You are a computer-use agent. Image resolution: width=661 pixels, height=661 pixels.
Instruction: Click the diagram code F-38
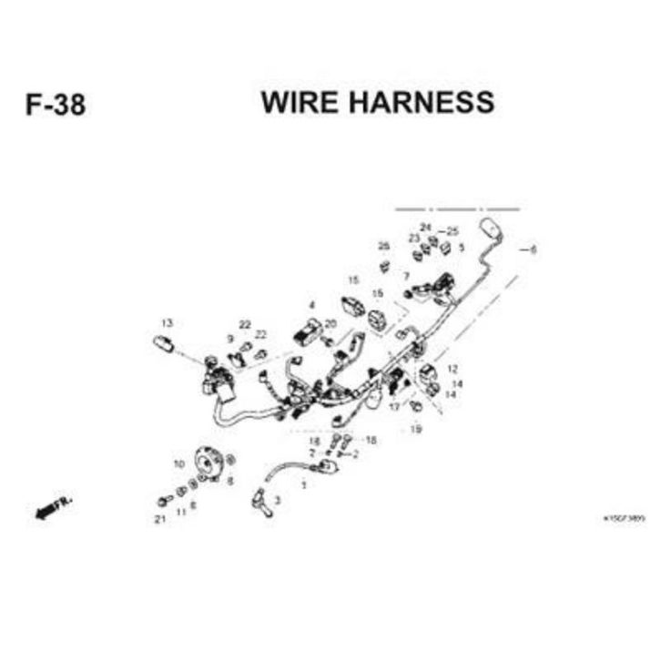(x=56, y=105)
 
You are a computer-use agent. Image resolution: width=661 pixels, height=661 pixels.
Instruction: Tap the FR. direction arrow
(x=54, y=509)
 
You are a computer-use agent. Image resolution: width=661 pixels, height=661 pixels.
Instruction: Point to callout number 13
(x=167, y=323)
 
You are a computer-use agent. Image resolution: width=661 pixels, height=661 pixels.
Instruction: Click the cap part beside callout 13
(x=165, y=343)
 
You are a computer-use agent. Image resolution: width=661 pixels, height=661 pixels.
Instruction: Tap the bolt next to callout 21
(x=164, y=500)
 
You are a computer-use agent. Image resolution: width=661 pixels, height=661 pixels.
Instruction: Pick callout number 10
(x=178, y=464)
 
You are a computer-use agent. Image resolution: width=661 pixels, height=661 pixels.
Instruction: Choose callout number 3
(x=278, y=500)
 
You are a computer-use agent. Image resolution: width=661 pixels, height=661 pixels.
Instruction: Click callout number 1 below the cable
(x=303, y=485)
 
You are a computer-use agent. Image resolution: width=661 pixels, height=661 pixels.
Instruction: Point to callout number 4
(x=312, y=305)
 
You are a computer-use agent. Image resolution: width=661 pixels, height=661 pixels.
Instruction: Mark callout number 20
(x=330, y=323)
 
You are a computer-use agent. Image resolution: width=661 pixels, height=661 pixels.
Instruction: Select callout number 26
(x=383, y=247)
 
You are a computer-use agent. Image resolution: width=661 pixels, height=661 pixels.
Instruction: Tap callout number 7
(x=407, y=276)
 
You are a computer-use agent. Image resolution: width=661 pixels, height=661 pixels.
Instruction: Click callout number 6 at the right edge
(x=533, y=249)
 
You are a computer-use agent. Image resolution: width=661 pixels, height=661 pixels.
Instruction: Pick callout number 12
(x=450, y=369)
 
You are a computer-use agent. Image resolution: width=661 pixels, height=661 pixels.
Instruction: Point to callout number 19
(x=416, y=429)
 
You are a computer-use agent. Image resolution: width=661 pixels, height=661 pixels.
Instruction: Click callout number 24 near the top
(x=425, y=226)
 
